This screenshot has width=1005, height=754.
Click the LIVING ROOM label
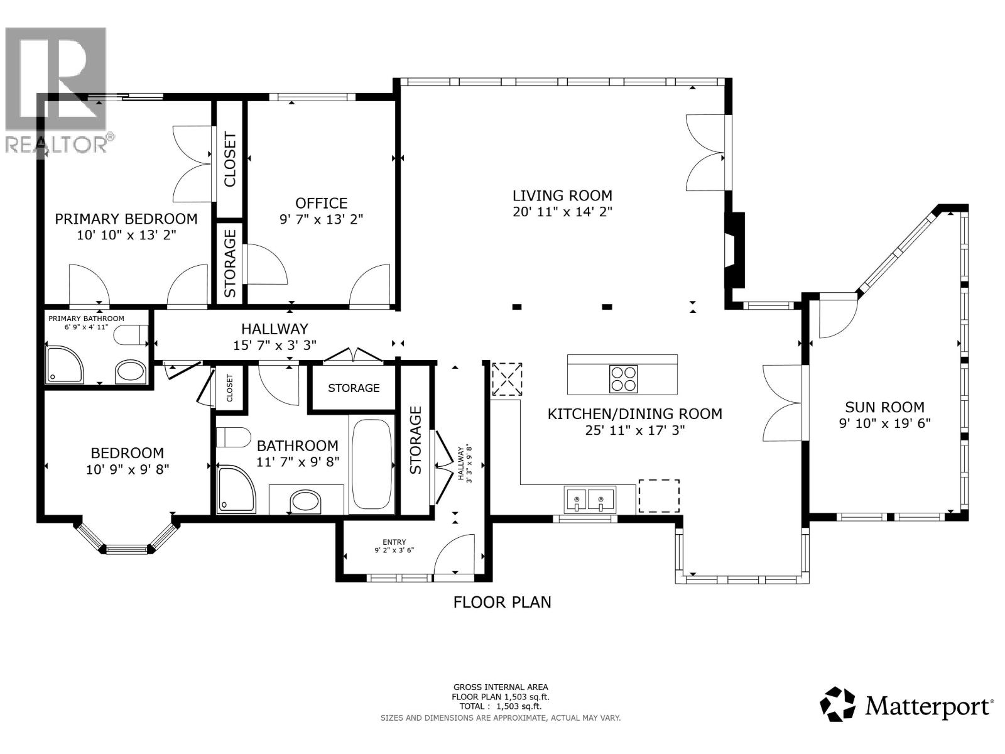coord(562,195)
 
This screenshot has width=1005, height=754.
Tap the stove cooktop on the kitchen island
coord(623,379)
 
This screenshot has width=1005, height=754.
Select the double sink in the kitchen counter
coord(590,500)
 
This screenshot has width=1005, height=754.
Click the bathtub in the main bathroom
coord(371,465)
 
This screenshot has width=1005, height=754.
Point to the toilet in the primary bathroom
coord(131,334)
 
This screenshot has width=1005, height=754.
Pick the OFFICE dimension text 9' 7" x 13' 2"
coord(321,219)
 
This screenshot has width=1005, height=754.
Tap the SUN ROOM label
coord(884,407)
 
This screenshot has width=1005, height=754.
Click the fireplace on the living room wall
coord(734,250)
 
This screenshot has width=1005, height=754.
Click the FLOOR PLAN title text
coord(502,603)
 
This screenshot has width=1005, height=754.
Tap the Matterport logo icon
coord(839,704)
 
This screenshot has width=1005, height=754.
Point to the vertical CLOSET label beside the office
coord(230,160)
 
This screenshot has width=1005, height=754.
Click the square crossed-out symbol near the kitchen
coord(507,379)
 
